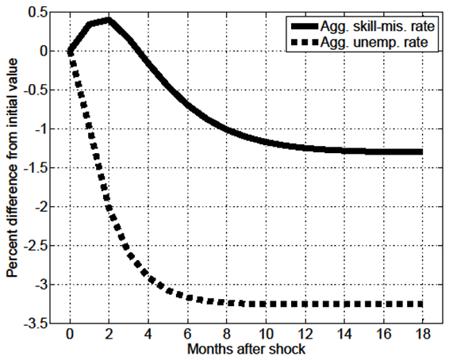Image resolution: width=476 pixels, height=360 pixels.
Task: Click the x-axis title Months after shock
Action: tap(247, 350)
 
